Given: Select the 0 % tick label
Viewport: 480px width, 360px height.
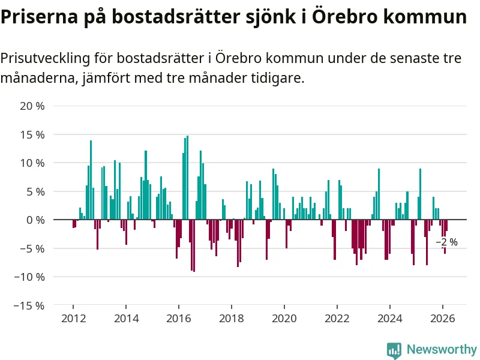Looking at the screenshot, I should click(35, 220).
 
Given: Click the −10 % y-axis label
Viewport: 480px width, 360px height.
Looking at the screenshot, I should click(31, 277).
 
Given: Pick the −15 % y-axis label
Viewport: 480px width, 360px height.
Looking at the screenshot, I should click(31, 305).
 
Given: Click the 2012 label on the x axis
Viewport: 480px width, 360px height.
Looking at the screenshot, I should click(73, 319).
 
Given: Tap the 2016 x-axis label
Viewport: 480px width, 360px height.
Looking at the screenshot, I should click(178, 319).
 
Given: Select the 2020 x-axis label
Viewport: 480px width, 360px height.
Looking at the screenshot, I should click(284, 319).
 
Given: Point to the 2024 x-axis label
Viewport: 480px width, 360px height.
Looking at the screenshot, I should click(389, 319).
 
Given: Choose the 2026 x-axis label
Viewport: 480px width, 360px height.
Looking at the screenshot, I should click(442, 319).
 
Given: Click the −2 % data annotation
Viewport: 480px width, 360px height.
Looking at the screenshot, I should click(446, 242).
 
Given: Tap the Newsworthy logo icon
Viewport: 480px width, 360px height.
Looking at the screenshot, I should click(394, 350).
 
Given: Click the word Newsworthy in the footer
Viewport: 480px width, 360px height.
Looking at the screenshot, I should click(442, 349).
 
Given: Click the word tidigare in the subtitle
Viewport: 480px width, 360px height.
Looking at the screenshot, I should click(276, 78).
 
